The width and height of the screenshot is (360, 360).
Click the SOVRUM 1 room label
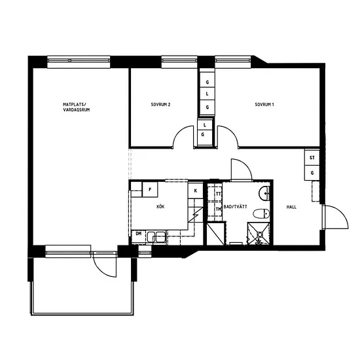[x=264, y=105]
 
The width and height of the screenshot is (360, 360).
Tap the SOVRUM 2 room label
[x=160, y=105]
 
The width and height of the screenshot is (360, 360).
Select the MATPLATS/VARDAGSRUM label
[x=76, y=107]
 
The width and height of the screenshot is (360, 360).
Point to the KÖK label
[x=160, y=207]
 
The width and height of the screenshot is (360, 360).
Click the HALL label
[x=291, y=207]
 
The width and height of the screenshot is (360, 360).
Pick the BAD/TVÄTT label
[x=236, y=207]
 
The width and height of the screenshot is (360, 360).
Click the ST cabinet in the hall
[x=312, y=158]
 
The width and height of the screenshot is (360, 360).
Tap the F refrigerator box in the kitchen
[x=150, y=189]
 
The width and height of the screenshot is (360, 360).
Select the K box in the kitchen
[x=196, y=190]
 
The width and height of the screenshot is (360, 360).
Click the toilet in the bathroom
[x=262, y=213]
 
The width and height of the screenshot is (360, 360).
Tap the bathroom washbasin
[x=264, y=194]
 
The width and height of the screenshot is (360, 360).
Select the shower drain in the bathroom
[x=260, y=234]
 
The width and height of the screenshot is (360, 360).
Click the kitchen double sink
[x=156, y=237]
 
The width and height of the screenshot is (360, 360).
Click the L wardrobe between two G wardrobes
[x=207, y=94]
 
